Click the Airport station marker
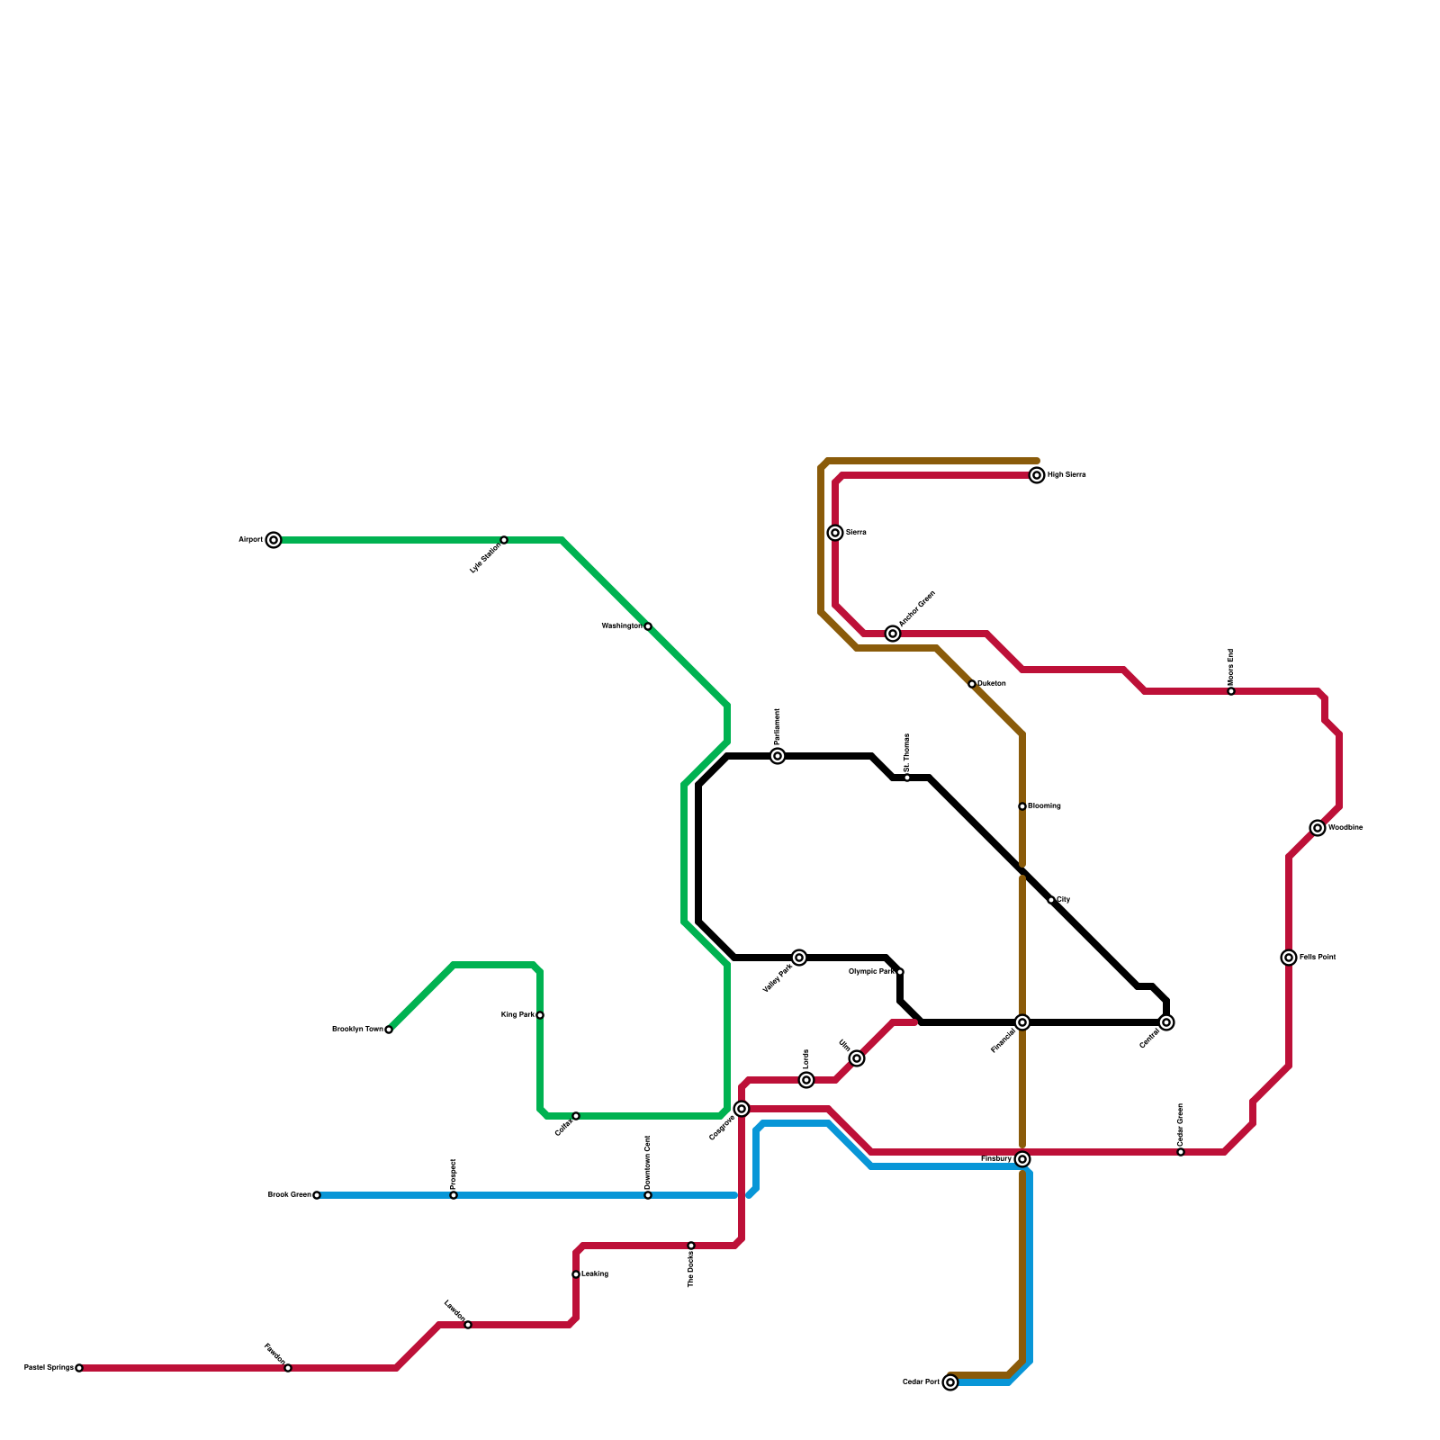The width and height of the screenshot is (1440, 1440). coord(274,540)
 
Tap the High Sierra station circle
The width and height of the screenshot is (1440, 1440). coord(1037,475)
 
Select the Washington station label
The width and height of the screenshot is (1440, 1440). coord(621,625)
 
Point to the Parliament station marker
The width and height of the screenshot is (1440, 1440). coord(778,756)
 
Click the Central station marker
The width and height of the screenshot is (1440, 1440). coord(1166,1022)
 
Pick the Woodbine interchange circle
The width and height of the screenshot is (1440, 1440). coord(1318,828)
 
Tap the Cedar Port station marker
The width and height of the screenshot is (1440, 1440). coord(950,1382)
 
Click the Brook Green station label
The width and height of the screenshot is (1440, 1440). coord(289,1195)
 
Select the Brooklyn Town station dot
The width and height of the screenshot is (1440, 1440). coord(389,1030)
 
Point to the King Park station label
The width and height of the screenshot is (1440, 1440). coord(517,1015)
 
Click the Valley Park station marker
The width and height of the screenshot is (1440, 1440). coord(799,958)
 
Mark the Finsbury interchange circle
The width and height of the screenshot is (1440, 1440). coord(1022,1159)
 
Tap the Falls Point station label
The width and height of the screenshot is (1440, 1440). coord(1318,958)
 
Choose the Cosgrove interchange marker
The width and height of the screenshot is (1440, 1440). coord(742,1109)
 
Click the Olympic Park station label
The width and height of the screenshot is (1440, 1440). coord(871,972)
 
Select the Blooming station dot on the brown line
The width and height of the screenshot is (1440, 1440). coord(1022,806)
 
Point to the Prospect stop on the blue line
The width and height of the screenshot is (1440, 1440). coord(454,1195)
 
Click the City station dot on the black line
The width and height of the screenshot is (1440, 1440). coord(1051,900)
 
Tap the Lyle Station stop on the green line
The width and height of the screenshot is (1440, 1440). coord(504,540)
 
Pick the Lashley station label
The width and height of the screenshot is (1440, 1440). coord(595,1274)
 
